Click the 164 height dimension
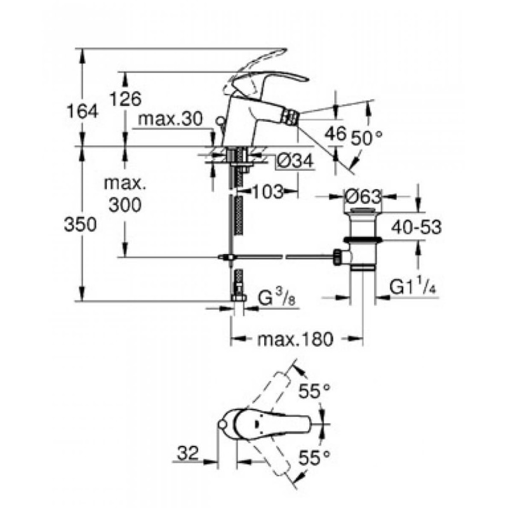[x=84, y=112]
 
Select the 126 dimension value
[x=125, y=98]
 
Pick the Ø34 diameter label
[x=295, y=163]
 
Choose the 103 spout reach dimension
[x=267, y=192]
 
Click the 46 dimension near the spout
[x=335, y=133]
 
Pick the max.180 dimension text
[x=295, y=339]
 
